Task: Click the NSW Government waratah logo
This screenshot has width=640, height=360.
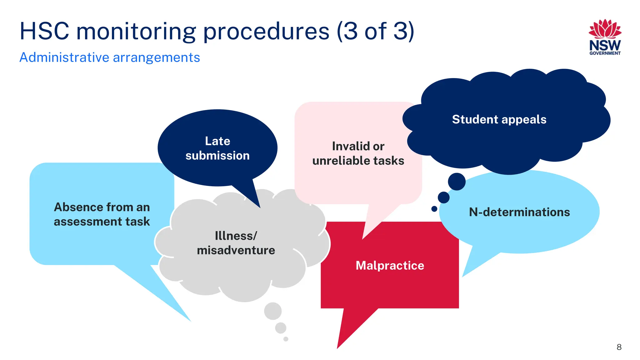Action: pyautogui.click(x=605, y=37)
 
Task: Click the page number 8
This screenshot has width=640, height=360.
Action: pyautogui.click(x=619, y=347)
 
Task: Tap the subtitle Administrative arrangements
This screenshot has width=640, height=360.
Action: pyautogui.click(x=109, y=57)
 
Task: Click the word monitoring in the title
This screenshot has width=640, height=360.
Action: pyautogui.click(x=136, y=31)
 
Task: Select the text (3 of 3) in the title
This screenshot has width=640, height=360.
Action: pyautogui.click(x=375, y=31)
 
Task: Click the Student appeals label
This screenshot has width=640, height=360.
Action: pyautogui.click(x=499, y=119)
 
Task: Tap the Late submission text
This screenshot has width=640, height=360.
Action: pyautogui.click(x=217, y=148)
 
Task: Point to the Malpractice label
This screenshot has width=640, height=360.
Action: pyautogui.click(x=390, y=265)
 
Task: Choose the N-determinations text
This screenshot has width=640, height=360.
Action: pyautogui.click(x=519, y=212)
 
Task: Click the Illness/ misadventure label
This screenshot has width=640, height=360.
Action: pyautogui.click(x=236, y=243)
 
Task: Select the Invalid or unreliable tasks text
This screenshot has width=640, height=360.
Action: pyautogui.click(x=358, y=153)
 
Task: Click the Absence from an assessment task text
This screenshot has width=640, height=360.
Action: pyautogui.click(x=102, y=214)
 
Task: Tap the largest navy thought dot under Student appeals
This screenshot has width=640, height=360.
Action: pyautogui.click(x=457, y=182)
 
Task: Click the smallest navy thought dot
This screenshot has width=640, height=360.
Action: pyautogui.click(x=434, y=209)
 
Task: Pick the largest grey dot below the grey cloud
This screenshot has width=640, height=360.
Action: pyautogui.click(x=273, y=311)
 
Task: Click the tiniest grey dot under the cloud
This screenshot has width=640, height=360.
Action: pyautogui.click(x=286, y=339)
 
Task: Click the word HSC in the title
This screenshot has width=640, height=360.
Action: pyautogui.click(x=44, y=31)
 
